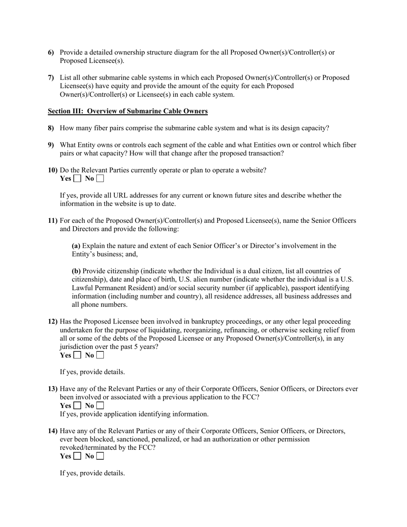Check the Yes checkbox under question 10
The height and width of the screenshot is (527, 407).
(77, 179)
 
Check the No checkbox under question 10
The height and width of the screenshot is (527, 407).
(100, 179)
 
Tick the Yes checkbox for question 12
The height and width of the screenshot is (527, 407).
(77, 355)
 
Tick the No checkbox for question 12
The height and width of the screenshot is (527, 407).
(100, 355)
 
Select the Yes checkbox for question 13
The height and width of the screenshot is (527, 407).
(77, 406)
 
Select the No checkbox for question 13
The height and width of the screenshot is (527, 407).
(100, 406)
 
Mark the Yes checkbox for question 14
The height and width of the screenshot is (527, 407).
(77, 456)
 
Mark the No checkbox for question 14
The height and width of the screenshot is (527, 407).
(100, 456)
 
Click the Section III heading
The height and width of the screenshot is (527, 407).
(128, 111)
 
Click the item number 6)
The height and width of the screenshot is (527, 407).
(51, 52)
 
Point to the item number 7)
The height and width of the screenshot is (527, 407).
(51, 78)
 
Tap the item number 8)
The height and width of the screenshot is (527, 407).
(51, 128)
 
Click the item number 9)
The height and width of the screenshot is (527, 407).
(51, 145)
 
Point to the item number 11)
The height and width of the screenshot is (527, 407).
(53, 221)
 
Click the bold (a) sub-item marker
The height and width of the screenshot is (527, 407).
(76, 246)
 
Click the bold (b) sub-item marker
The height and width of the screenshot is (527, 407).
(76, 271)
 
